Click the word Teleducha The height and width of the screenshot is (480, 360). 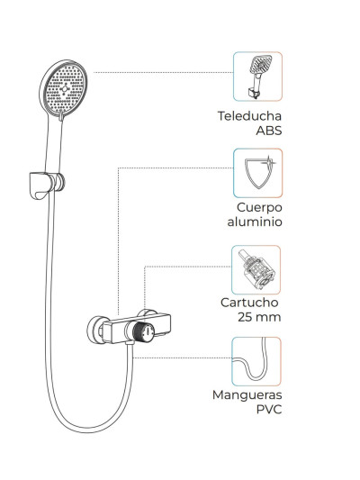pyautogui.click(x=249, y=116)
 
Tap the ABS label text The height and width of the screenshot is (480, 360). pyautogui.click(x=269, y=131)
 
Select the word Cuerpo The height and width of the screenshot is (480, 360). pyautogui.click(x=259, y=208)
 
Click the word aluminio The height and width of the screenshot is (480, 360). pyautogui.click(x=255, y=222)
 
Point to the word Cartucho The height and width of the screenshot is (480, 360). pyautogui.click(x=249, y=303)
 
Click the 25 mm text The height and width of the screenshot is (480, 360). pyautogui.click(x=259, y=317)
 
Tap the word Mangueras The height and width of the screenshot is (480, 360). pyautogui.click(x=247, y=395)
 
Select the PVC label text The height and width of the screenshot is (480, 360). pyautogui.click(x=269, y=409)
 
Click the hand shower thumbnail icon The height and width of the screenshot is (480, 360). pyautogui.click(x=257, y=77)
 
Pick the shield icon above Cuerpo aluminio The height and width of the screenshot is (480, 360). pyautogui.click(x=257, y=173)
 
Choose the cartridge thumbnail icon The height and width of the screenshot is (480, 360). pyautogui.click(x=256, y=269)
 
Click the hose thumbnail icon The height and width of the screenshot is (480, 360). pyautogui.click(x=256, y=361)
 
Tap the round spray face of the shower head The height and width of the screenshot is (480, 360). pyautogui.click(x=65, y=88)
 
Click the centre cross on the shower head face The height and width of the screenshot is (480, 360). pyautogui.click(x=65, y=88)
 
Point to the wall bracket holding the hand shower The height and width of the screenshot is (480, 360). pyautogui.click(x=47, y=185)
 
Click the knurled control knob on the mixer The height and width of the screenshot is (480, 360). pyautogui.click(x=144, y=331)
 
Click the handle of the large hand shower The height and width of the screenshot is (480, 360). pyautogui.click(x=54, y=144)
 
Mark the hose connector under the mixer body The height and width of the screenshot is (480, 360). pyautogui.click(x=130, y=346)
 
